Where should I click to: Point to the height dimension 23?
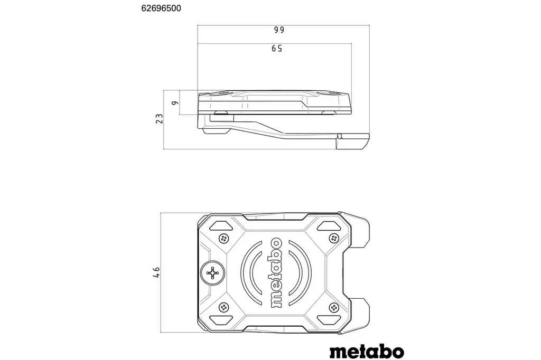pyautogui.click(x=158, y=119)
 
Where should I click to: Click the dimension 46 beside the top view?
pyautogui.click(x=156, y=272)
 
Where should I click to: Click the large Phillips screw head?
pyautogui.click(x=213, y=273)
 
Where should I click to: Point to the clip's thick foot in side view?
pyautogui.click(x=353, y=142)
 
